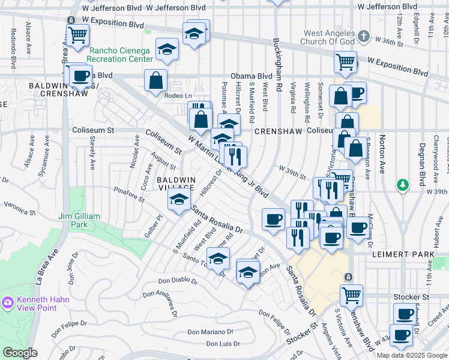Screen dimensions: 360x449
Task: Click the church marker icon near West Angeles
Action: (363, 37)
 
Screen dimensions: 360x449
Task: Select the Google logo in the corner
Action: (20, 353)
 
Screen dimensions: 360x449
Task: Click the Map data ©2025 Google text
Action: (412, 355)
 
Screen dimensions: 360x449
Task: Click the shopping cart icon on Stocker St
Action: (351, 295)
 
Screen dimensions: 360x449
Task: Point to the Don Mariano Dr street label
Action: (209, 332)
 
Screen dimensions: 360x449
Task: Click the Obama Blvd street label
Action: (256, 76)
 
